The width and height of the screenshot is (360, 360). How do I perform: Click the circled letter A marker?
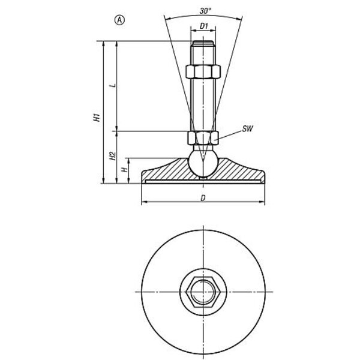pyautogui.click(x=119, y=20)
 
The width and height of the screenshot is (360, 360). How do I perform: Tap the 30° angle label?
pyautogui.click(x=205, y=11)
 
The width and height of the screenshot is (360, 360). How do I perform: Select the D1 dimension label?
pyautogui.click(x=203, y=26)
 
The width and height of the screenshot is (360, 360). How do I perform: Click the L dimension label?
pyautogui.click(x=113, y=86)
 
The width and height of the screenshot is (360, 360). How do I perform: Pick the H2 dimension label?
pyautogui.click(x=112, y=155)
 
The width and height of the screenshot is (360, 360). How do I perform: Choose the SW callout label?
pyautogui.click(x=247, y=129)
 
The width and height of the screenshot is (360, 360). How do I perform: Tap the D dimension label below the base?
pyautogui.click(x=203, y=198)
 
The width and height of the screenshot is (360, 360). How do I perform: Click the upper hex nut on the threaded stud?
pyautogui.click(x=203, y=72)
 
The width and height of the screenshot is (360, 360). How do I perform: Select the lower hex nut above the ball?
pyautogui.click(x=203, y=138)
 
